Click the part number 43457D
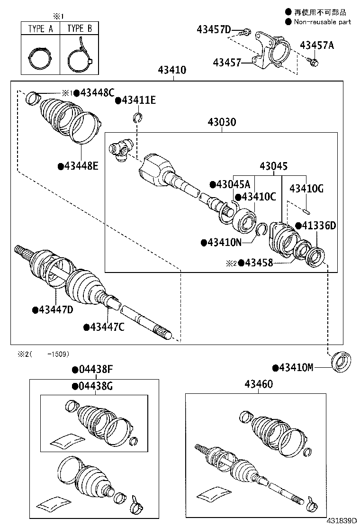(x=214, y=30)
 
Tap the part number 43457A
(x=317, y=45)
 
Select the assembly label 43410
(x=172, y=71)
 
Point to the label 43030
(x=221, y=122)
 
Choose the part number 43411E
(x=138, y=100)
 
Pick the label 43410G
(x=306, y=189)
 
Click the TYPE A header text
(x=40, y=28)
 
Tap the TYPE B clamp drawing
(x=79, y=56)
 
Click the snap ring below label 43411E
(x=138, y=118)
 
